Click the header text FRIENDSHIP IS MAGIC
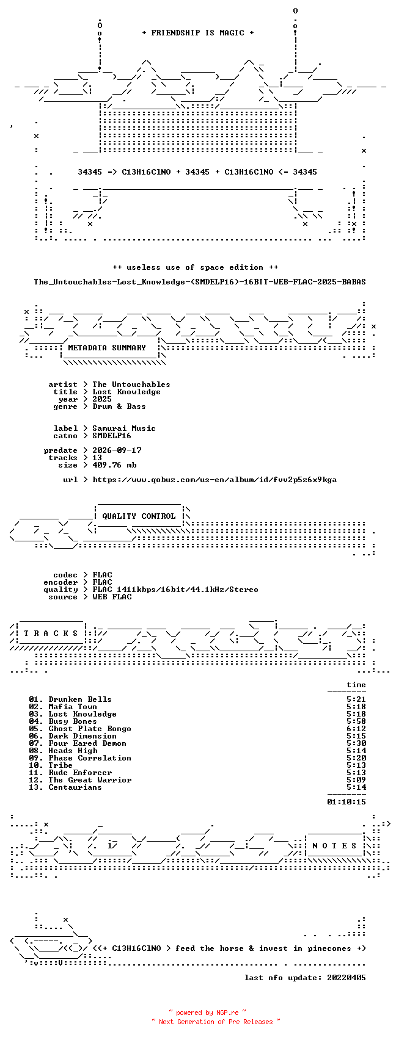pyautogui.click(x=197, y=33)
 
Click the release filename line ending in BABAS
pyautogui.click(x=200, y=282)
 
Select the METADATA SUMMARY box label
pyautogui.click(x=107, y=348)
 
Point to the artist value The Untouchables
pyautogui.click(x=131, y=385)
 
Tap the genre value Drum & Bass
pyautogui.click(x=119, y=406)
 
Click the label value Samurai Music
pyautogui.click(x=124, y=428)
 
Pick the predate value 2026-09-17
pyautogui.click(x=117, y=450)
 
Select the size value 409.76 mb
pyautogui.click(x=114, y=465)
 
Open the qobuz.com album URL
pyautogui.click(x=215, y=480)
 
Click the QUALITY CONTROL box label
pyautogui.click(x=139, y=516)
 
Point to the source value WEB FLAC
pyautogui.click(x=112, y=597)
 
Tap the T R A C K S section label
pyautogui.click(x=51, y=634)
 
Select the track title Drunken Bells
pyautogui.click(x=80, y=699)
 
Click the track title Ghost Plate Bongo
pyautogui.click(x=90, y=729)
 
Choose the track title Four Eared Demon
pyautogui.click(x=87, y=743)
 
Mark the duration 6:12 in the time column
pyautogui.click(x=356, y=729)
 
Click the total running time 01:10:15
pyautogui.click(x=346, y=802)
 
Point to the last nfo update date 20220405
pyautogui.click(x=346, y=978)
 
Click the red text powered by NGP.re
pyautogui.click(x=207, y=1013)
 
